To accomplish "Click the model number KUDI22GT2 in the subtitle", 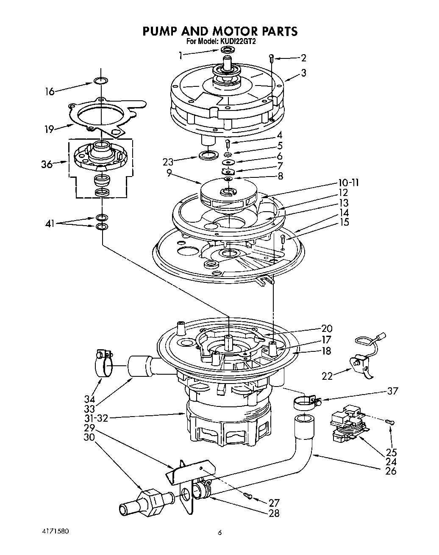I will click(237, 42).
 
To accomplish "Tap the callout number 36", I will click(47, 164).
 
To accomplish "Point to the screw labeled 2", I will click(271, 58).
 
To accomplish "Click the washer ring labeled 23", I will click(207, 155).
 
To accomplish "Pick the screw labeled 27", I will click(249, 496).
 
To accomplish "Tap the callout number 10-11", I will click(348, 183).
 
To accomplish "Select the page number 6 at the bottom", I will click(219, 533).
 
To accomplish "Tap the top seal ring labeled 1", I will click(228, 51).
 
